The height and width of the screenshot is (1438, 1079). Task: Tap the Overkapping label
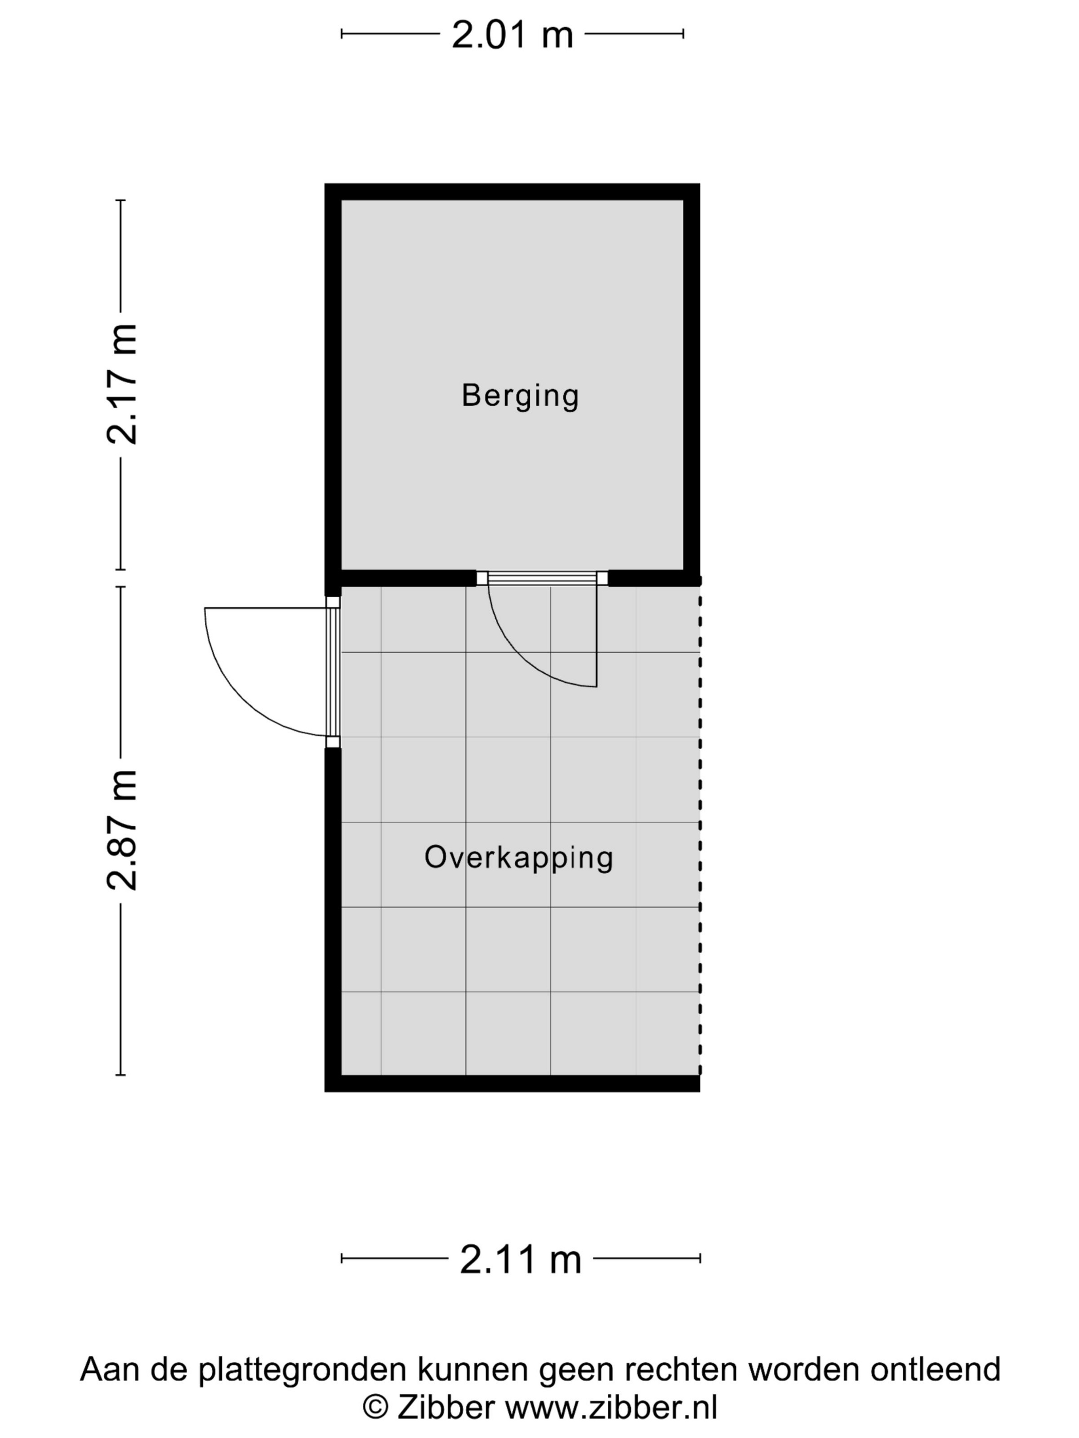(x=518, y=858)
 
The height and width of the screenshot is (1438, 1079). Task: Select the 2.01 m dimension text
(x=512, y=35)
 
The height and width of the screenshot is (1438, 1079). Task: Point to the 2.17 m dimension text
(x=122, y=384)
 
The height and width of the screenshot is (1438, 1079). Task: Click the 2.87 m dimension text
(x=122, y=829)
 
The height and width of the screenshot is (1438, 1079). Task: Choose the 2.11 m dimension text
(x=520, y=1259)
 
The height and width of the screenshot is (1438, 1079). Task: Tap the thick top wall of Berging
(x=512, y=192)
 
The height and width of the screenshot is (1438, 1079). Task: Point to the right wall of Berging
(x=692, y=384)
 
